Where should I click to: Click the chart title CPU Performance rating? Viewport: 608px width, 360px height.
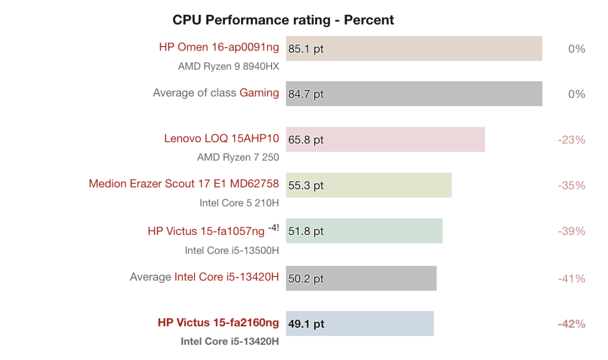pyautogui.click(x=283, y=20)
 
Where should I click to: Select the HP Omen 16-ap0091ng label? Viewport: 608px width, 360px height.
pyautogui.click(x=219, y=47)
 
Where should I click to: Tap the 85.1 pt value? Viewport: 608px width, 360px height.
pyautogui.click(x=306, y=49)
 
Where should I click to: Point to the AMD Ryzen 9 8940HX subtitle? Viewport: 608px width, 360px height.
pyautogui.click(x=229, y=66)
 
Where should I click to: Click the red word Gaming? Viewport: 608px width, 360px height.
pyautogui.click(x=259, y=93)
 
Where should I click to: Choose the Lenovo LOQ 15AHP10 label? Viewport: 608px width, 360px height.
pyautogui.click(x=221, y=138)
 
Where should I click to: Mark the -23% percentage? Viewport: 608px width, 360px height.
pyautogui.click(x=572, y=140)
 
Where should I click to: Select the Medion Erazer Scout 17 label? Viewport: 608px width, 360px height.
pyautogui.click(x=183, y=183)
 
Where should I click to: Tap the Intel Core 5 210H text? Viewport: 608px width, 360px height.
pyautogui.click(x=239, y=203)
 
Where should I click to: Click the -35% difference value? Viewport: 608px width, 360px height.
pyautogui.click(x=572, y=185)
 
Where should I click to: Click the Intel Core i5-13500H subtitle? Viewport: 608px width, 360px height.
pyautogui.click(x=232, y=250)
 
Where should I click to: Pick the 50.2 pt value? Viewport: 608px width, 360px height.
pyautogui.click(x=306, y=278)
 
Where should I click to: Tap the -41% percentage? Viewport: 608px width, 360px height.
pyautogui.click(x=572, y=278)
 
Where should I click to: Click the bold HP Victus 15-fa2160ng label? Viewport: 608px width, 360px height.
pyautogui.click(x=218, y=323)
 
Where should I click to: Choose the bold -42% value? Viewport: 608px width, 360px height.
pyautogui.click(x=572, y=324)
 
